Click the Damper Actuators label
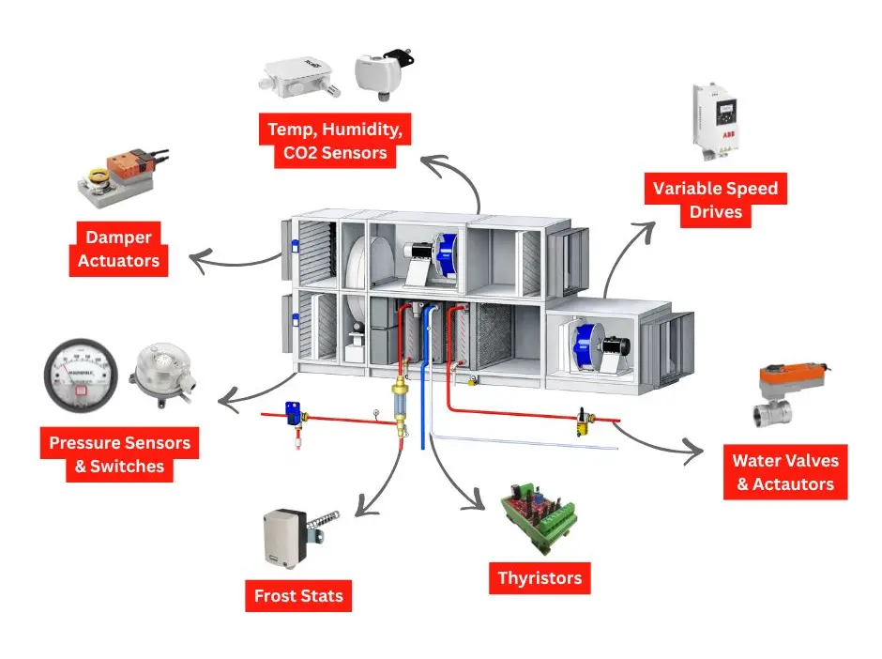(x=118, y=249)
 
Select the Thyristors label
(x=540, y=577)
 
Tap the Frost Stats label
(x=298, y=595)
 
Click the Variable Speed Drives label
(x=716, y=200)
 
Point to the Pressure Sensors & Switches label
(x=119, y=454)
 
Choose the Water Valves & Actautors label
(x=784, y=472)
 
